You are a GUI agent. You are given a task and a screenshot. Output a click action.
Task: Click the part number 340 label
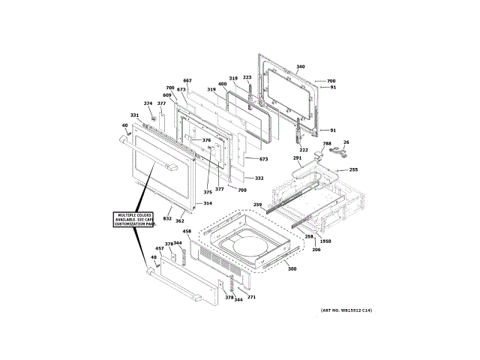coord(301,67)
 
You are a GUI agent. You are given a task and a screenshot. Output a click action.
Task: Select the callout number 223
coord(247,77)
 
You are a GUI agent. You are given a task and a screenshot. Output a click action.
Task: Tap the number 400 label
coord(222,84)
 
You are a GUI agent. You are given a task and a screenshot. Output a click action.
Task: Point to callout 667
coord(187,81)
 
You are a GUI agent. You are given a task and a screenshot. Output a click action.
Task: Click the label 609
coord(166,95)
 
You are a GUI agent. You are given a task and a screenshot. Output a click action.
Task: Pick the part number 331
coord(134,115)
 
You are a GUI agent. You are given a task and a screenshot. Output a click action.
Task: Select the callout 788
coord(327,143)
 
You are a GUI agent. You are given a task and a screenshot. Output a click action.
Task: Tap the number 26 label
coord(346,142)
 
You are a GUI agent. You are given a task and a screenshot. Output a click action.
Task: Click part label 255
coord(353,170)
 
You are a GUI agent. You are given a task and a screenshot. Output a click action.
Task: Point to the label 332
coord(259,178)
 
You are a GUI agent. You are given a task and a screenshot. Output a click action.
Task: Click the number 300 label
coord(292,268)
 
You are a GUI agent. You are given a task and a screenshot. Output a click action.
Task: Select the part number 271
coord(251,298)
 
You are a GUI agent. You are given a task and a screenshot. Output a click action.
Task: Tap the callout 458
coord(187,231)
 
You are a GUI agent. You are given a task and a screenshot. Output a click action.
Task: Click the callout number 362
coord(180,221)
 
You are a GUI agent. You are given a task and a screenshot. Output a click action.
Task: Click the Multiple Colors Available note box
coord(135,220)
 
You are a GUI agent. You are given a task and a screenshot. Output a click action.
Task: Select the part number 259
coord(257,205)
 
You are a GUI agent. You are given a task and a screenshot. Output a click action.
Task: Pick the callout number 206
coord(316,249)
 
